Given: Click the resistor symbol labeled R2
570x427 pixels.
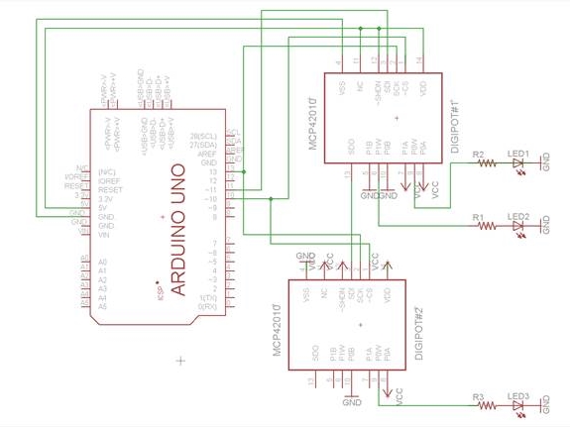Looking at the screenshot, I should click(486, 164).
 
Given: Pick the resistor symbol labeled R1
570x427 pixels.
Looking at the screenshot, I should click(486, 226).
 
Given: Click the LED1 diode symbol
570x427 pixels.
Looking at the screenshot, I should click(518, 164).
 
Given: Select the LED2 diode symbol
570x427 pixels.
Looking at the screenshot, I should click(518, 226).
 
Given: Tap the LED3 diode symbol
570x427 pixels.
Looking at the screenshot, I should click(518, 404).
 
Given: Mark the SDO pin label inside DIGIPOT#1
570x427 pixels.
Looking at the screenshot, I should click(351, 148).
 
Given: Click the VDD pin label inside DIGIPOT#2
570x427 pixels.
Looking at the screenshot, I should click(388, 295).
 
